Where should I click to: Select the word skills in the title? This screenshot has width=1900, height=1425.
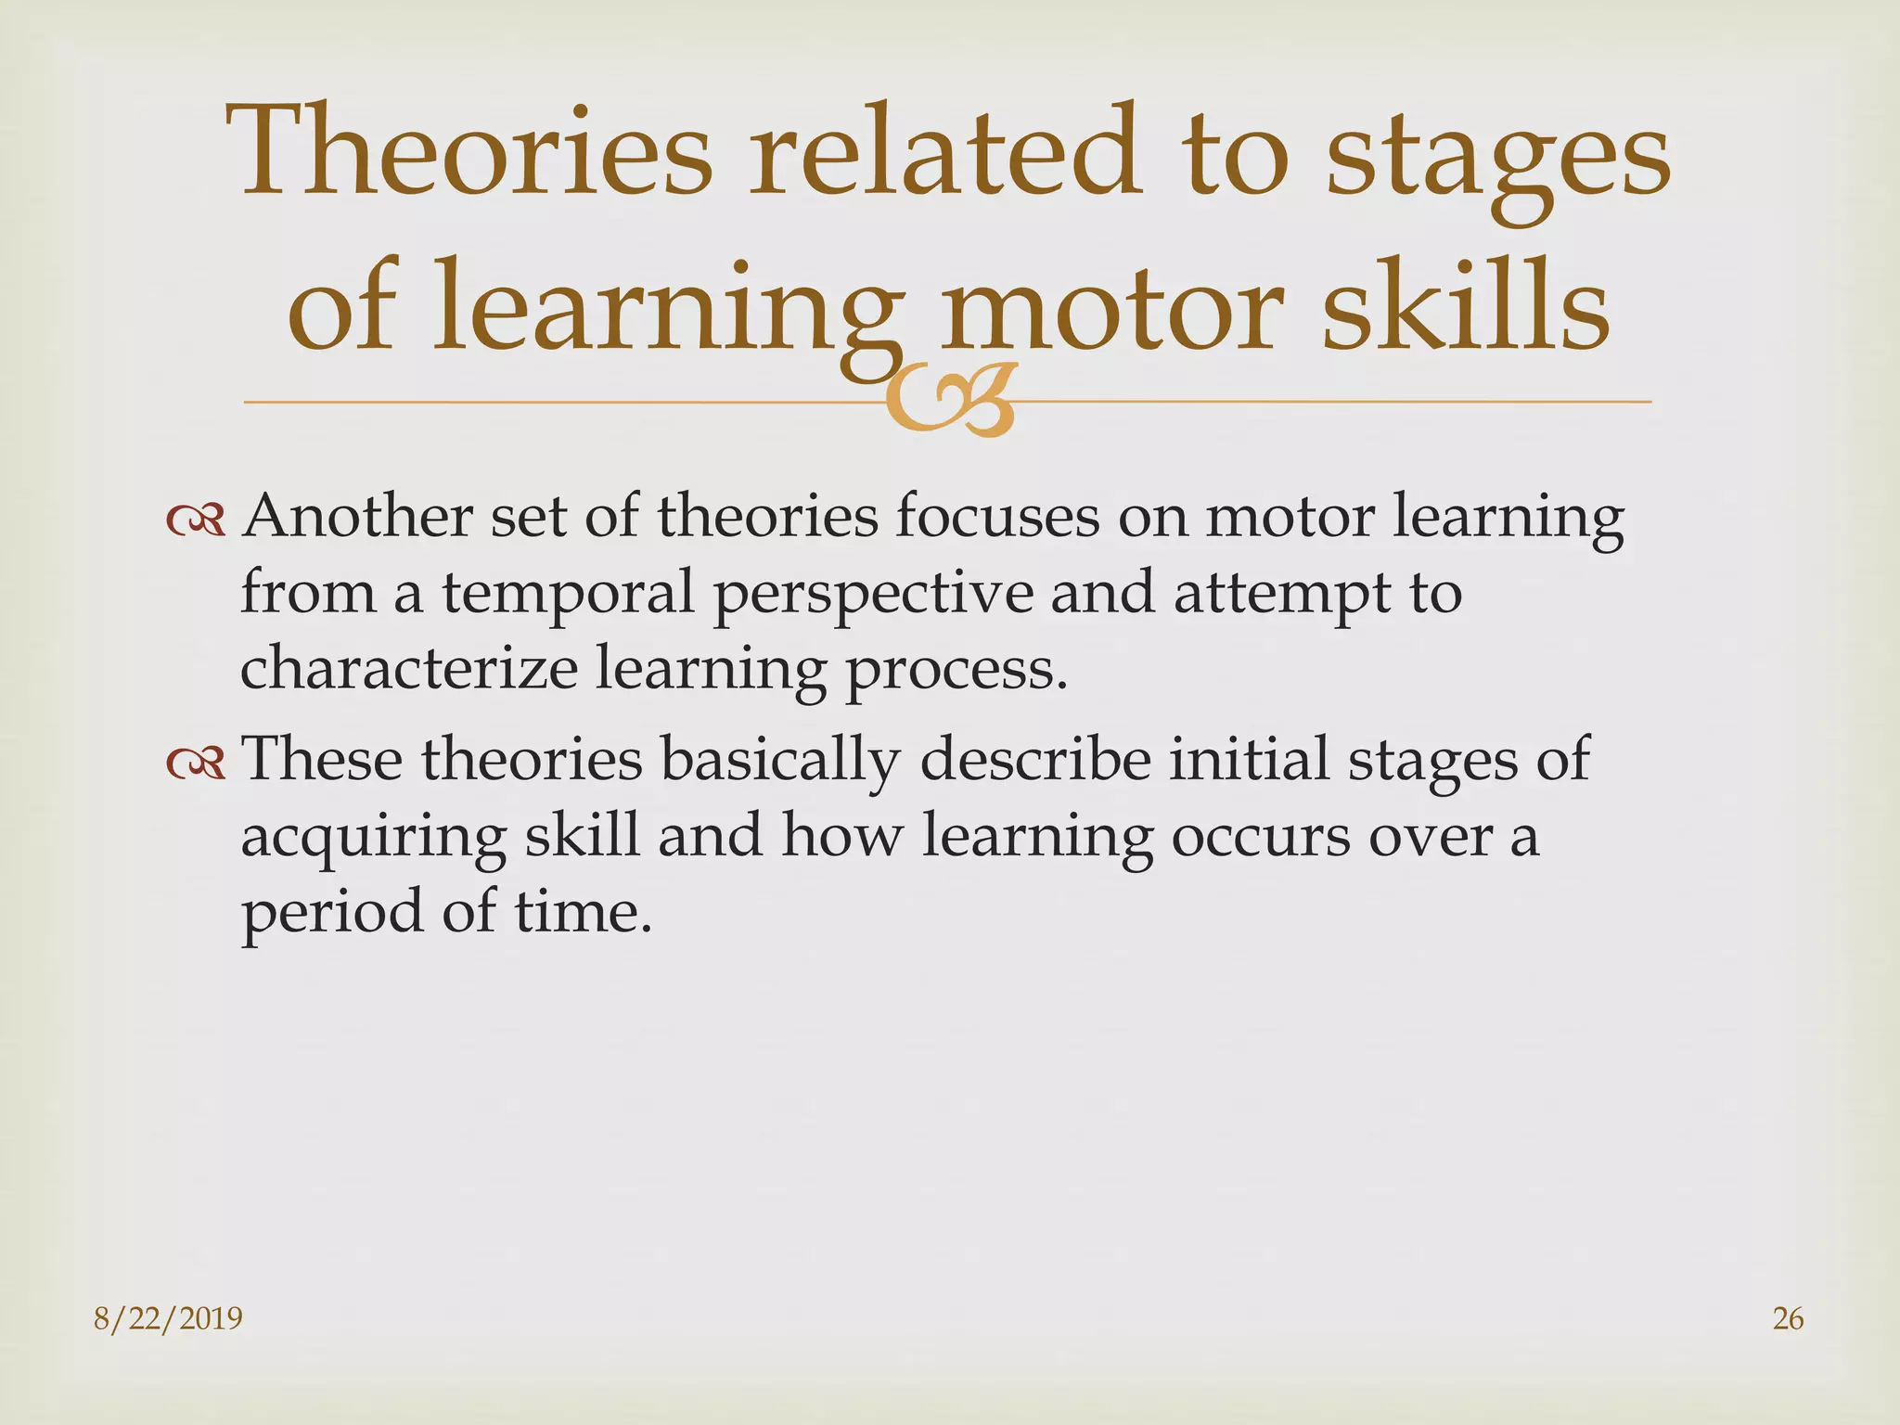(x=1465, y=306)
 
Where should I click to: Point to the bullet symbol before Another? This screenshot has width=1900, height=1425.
(x=196, y=521)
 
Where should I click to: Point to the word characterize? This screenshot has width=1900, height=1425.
(x=408, y=668)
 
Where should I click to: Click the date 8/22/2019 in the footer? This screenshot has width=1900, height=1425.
(x=168, y=1318)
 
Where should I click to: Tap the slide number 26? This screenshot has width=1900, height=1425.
(x=1788, y=1318)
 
